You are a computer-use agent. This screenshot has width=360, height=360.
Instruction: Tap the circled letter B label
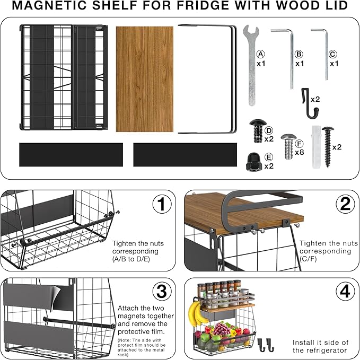click(x=299, y=54)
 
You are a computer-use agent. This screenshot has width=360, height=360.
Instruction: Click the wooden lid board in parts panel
click(x=145, y=78)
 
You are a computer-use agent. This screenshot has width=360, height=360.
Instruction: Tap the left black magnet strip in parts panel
click(x=71, y=154)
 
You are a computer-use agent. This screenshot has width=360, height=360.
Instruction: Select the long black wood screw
click(x=327, y=146)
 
